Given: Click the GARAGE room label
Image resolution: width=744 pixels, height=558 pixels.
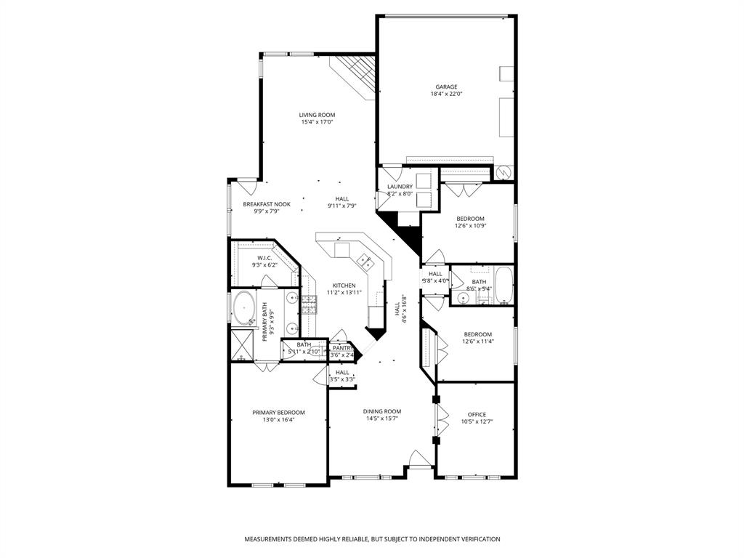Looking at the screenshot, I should coord(446,86).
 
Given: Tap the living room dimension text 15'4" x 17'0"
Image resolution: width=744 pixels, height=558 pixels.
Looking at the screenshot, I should coord(317,122).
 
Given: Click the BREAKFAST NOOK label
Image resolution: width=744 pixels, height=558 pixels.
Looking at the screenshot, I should coord(267,204).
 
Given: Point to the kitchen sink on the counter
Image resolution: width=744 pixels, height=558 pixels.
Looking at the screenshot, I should coord(365,259).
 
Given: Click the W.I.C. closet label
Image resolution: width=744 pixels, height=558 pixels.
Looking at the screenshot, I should coord(264,258).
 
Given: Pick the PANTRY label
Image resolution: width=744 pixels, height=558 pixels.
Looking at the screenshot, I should coord(342,348).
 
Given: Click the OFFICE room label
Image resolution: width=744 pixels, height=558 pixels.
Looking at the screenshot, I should coord(477,414).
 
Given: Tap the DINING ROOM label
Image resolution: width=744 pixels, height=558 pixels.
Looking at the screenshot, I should coord(382,411).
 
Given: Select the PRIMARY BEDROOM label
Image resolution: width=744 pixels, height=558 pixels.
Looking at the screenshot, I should coord(278,412).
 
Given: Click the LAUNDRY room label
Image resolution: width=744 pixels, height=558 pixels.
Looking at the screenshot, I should coord(400,187).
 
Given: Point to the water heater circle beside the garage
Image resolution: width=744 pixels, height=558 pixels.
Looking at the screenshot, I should coord(504,172).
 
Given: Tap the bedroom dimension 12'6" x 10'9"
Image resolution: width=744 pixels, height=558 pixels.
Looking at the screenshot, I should coord(470,225).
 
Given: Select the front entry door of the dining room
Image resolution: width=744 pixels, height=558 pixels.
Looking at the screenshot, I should coord(419,460).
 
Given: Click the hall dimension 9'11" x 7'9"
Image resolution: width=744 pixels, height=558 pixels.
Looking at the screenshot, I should coord(341,206).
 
